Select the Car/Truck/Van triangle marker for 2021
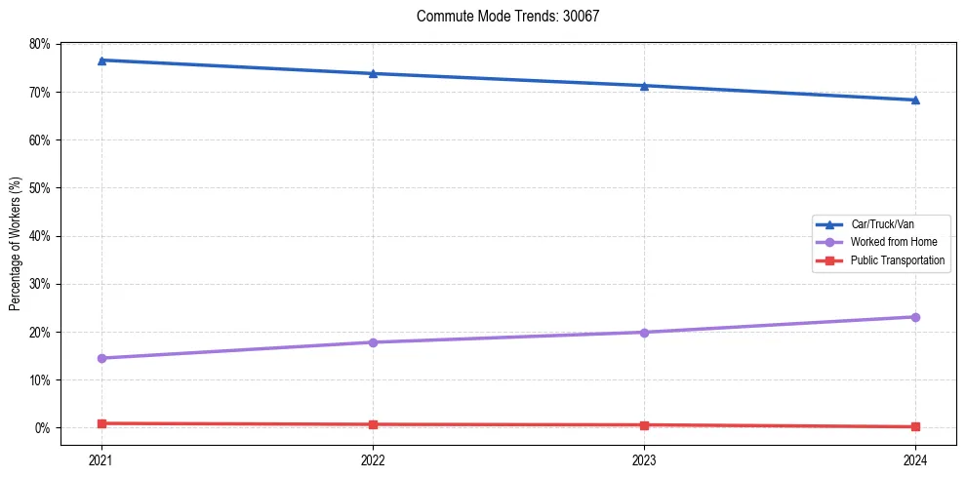click(x=101, y=60)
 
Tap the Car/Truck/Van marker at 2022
click(x=373, y=73)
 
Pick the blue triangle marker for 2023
click(x=644, y=86)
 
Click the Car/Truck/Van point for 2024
click(x=915, y=100)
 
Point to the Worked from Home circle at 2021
click(x=101, y=358)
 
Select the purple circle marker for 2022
click(x=373, y=342)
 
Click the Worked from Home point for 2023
click(x=644, y=333)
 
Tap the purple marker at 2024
click(x=915, y=317)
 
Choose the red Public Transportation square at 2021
click(x=101, y=423)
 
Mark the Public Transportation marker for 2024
click(x=915, y=426)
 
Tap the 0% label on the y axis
click(x=42, y=428)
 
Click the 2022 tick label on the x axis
click(x=373, y=458)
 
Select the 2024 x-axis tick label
click(x=915, y=458)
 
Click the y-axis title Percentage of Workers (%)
click(x=16, y=244)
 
